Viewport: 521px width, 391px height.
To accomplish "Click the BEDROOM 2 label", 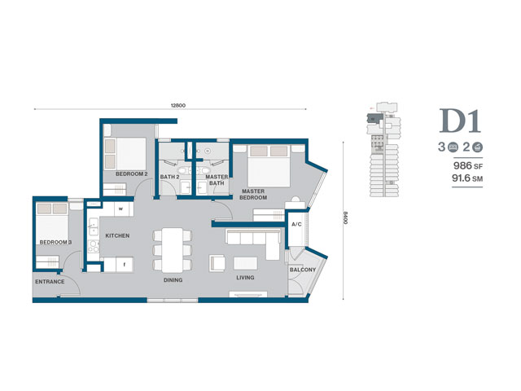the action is pos(132,174).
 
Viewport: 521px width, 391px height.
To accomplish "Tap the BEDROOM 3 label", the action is pos(55,242).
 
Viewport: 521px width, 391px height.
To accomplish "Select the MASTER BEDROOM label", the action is pos(253,194).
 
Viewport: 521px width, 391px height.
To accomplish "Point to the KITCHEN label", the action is pos(117,235).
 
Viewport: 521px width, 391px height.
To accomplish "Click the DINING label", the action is pos(173,280).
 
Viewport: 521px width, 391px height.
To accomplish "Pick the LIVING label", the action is pos(245,277).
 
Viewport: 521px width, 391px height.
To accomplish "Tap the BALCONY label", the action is pos(302,270).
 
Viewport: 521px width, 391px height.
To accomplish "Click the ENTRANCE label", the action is pos(50,282).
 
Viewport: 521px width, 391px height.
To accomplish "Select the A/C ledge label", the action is pos(296,225).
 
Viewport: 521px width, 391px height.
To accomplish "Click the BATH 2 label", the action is pos(169,177).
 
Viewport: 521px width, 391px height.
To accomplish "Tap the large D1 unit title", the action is pos(460,121).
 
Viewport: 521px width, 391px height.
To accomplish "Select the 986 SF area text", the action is pos(468,165).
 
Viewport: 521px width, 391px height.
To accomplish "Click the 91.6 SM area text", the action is pos(467,178).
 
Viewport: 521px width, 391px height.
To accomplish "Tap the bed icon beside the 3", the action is pos(453,147).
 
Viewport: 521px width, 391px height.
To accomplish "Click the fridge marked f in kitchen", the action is pos(125,265).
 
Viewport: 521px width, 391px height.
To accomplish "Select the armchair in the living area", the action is pos(217,263).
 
